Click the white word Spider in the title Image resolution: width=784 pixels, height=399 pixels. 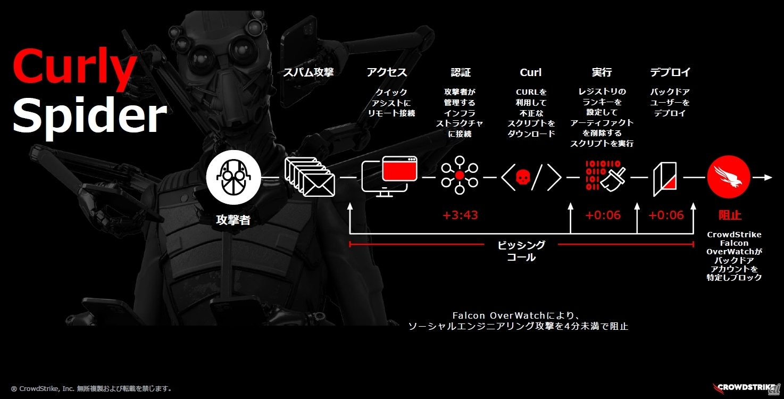click(x=90, y=117)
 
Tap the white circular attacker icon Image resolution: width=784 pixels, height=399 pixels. click(x=233, y=178)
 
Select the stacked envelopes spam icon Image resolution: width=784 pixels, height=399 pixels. click(x=310, y=177)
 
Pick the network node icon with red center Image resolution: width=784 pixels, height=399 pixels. click(x=460, y=176)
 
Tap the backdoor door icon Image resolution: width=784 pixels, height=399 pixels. click(x=665, y=179)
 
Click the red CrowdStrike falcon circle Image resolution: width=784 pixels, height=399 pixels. click(x=729, y=177)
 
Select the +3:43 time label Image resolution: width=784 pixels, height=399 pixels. click(x=460, y=215)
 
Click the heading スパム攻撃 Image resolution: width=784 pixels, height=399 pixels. click(x=308, y=72)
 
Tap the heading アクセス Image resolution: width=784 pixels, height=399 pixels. click(x=387, y=72)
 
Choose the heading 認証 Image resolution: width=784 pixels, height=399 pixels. click(x=461, y=72)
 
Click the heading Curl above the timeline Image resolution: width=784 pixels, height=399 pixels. click(x=531, y=72)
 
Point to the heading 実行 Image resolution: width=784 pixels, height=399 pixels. click(x=602, y=72)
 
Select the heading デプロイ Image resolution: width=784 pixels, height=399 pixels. click(x=670, y=72)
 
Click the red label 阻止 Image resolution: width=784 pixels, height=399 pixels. click(x=730, y=215)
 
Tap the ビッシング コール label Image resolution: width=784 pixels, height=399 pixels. click(x=521, y=251)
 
